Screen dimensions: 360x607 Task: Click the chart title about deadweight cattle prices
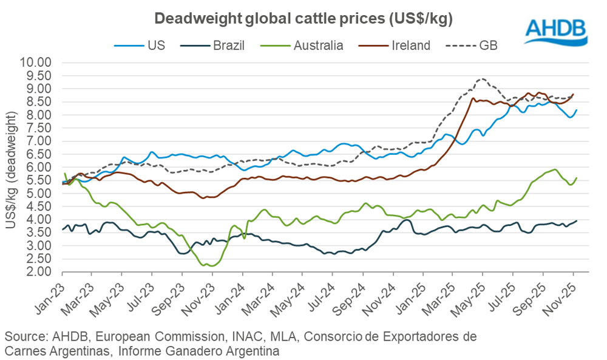tap(303, 19)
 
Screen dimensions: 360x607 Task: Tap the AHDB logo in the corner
tap(555, 31)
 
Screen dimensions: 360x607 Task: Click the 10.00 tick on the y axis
tap(37, 63)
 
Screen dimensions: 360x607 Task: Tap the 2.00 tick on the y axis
tap(40, 272)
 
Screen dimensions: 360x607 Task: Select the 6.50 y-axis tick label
tap(40, 154)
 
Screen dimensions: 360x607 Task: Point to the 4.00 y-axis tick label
tap(40, 220)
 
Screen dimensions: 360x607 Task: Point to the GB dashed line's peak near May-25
tap(481, 79)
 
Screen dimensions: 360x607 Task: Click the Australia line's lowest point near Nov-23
tap(210, 265)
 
